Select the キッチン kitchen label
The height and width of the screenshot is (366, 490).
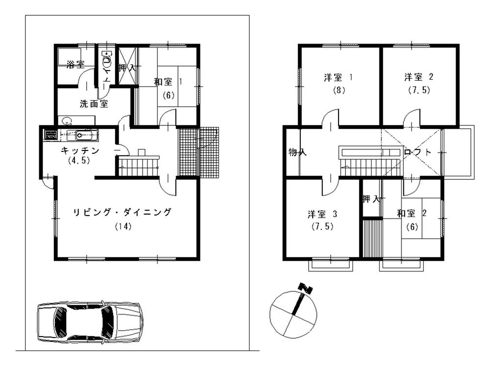click(80, 150)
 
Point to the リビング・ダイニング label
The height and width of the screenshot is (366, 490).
click(122, 212)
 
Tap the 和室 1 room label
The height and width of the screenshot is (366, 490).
click(168, 82)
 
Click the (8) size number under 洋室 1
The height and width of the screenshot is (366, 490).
click(338, 90)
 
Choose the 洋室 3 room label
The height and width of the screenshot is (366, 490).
click(322, 214)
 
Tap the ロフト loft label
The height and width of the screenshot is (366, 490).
click(418, 152)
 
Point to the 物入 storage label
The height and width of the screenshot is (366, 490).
click(297, 152)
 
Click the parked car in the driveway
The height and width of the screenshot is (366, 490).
click(90, 321)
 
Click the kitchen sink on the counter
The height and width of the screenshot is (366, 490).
click(81, 134)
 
